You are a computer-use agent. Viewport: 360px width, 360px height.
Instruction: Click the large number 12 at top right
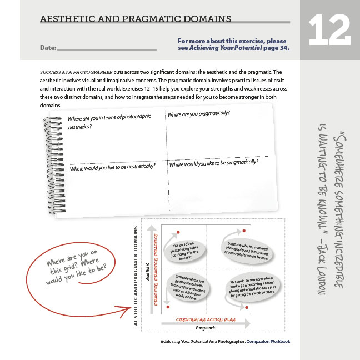[329, 30]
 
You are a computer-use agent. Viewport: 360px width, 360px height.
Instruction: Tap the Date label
[48, 48]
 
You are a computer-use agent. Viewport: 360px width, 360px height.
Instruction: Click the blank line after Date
[106, 49]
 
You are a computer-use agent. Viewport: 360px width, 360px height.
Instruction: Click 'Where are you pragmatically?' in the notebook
[198, 114]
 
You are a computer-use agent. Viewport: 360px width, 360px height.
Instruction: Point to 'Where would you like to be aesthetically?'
[112, 166]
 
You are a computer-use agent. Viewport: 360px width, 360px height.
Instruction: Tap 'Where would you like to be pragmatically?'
[213, 164]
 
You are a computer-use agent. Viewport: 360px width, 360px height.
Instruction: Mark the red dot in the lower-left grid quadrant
[168, 307]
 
